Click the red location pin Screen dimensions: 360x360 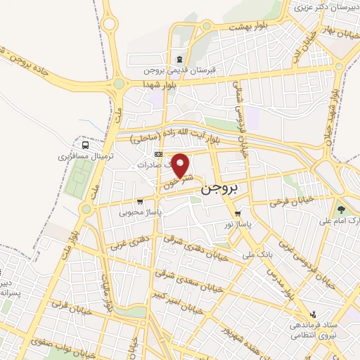tap(181, 166)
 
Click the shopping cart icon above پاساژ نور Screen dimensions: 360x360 tap(238, 212)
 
